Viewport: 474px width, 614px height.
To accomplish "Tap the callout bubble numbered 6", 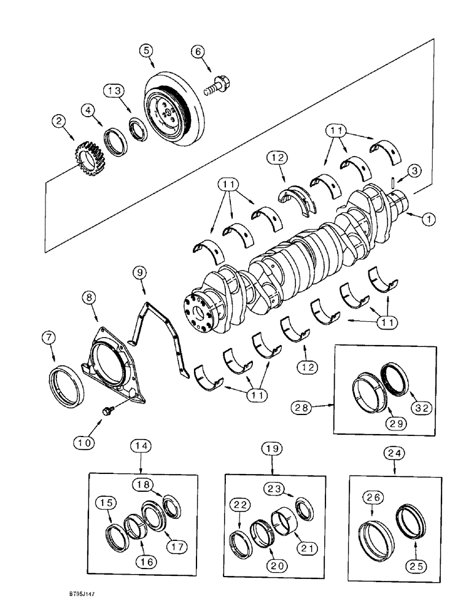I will pyautogui.click(x=198, y=52).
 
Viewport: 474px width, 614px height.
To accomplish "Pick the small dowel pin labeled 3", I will pyautogui.click(x=392, y=184).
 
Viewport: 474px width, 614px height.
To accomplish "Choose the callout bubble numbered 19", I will pyautogui.click(x=273, y=450).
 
